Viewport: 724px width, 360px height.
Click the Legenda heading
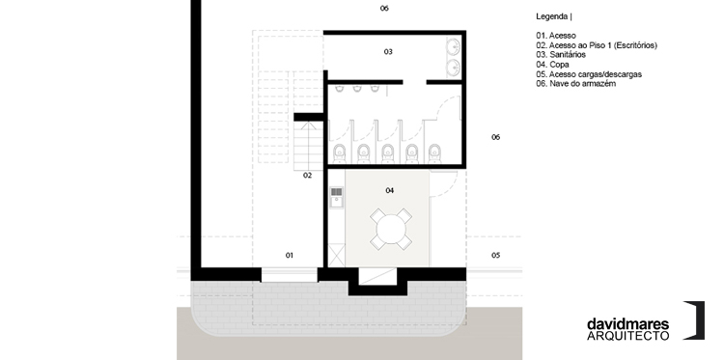point(552,16)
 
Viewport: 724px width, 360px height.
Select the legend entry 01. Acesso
point(556,36)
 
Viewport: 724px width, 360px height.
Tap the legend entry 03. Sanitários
point(561,54)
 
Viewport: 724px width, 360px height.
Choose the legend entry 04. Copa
point(553,65)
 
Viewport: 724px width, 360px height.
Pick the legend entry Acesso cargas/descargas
point(596,74)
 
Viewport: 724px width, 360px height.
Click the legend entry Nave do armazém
point(583,84)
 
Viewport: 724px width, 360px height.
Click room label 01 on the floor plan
point(290,255)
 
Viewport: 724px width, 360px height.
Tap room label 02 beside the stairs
point(308,176)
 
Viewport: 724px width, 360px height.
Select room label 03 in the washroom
point(388,52)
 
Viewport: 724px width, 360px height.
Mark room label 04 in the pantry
point(390,190)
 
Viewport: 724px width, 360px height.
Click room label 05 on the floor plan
point(495,255)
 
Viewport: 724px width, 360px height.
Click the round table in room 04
point(391,229)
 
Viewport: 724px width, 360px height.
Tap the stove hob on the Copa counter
point(337,191)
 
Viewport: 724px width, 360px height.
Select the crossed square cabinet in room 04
point(336,255)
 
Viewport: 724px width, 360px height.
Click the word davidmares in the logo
point(628,324)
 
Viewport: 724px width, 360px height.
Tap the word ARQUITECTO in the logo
point(628,336)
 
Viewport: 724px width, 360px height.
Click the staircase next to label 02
point(308,147)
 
